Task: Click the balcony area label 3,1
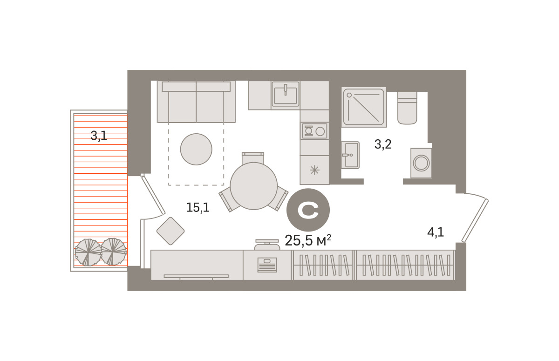99,136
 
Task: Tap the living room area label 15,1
198,208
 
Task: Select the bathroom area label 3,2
383,144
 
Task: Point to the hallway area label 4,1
436,233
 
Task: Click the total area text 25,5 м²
308,241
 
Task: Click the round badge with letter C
308,210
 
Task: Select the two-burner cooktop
314,131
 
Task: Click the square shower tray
364,107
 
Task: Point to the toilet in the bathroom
407,108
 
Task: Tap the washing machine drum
421,163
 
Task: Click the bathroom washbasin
350,155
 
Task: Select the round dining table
253,186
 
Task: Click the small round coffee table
196,149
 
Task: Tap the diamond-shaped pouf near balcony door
170,231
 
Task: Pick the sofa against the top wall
196,102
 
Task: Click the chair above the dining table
253,158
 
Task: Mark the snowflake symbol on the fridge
314,170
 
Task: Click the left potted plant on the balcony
88,252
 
